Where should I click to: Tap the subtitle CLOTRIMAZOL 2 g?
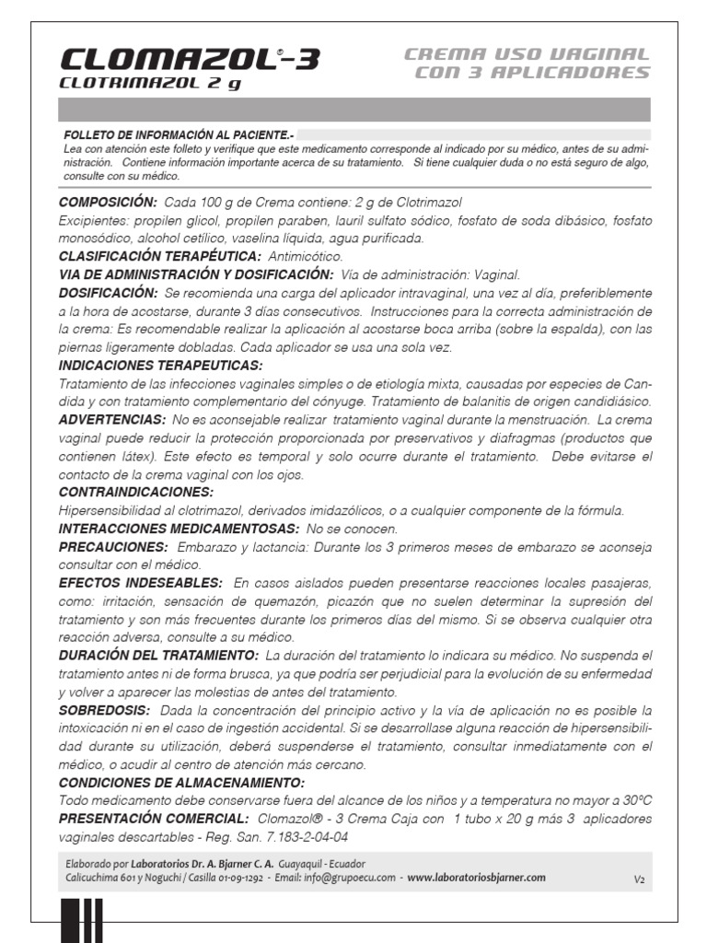click(150, 84)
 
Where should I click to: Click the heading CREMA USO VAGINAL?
click(527, 55)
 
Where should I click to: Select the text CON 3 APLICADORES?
click(532, 74)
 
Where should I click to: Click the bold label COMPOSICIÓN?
click(108, 202)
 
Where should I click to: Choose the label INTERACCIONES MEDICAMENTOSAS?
click(179, 529)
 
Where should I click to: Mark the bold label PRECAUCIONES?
click(112, 547)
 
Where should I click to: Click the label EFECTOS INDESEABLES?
click(140, 583)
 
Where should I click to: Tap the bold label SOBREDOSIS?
click(104, 710)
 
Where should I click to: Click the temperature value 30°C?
click(632, 800)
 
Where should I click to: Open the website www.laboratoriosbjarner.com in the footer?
click(476, 879)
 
